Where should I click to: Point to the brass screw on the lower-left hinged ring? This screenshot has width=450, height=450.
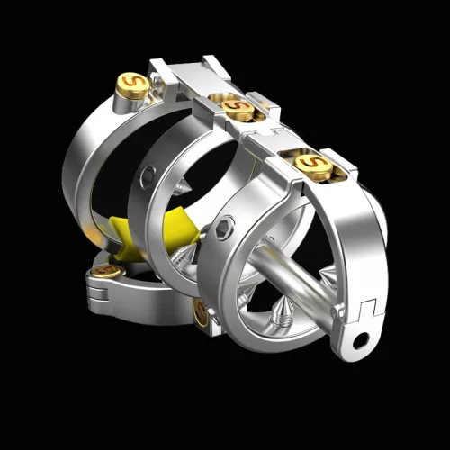pyautogui.click(x=106, y=269)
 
